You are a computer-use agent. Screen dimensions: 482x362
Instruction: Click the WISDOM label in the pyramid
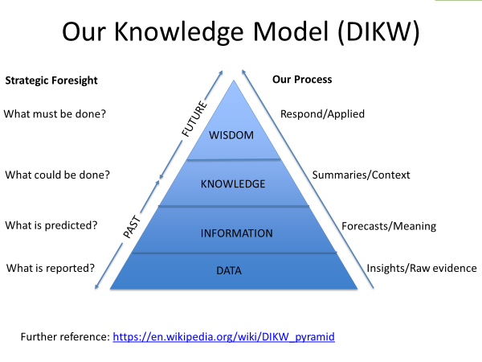click(x=231, y=135)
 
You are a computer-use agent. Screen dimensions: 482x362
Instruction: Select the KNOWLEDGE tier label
click(x=233, y=183)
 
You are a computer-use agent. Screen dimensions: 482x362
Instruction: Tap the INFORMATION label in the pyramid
click(x=237, y=233)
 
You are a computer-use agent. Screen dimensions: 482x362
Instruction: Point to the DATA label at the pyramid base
click(x=229, y=270)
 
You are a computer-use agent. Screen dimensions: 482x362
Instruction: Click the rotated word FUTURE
click(x=194, y=118)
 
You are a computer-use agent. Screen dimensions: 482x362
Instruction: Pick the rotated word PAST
click(x=133, y=227)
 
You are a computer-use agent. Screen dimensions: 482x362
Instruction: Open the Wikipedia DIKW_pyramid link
click(x=224, y=337)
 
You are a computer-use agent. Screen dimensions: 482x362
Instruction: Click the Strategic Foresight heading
click(x=51, y=80)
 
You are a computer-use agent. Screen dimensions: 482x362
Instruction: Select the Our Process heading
click(x=302, y=80)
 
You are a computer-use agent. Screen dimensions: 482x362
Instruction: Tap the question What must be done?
click(x=55, y=114)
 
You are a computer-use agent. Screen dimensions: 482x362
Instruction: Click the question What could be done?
click(x=58, y=175)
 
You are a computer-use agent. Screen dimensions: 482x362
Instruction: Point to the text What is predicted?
click(x=51, y=225)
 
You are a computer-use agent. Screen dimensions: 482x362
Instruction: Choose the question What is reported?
click(x=51, y=268)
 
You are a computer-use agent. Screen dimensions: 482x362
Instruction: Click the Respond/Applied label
click(x=322, y=114)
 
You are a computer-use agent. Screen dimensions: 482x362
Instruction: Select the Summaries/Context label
click(x=361, y=175)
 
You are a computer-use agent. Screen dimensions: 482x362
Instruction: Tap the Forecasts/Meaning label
click(x=389, y=226)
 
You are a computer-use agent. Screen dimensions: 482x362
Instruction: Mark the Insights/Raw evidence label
click(x=422, y=268)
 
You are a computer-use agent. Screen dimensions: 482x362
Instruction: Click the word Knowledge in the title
click(x=179, y=32)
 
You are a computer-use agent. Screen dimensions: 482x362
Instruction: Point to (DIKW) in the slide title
click(x=378, y=32)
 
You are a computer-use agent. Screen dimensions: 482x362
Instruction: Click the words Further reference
click(x=65, y=337)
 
